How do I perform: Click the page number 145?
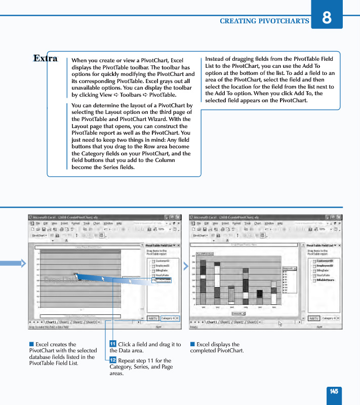click(334, 391)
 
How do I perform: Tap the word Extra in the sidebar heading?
click(45, 58)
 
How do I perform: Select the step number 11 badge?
click(113, 345)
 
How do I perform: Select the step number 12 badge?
click(113, 360)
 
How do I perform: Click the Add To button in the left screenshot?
click(152, 318)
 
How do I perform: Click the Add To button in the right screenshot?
click(314, 318)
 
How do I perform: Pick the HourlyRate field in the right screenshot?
click(324, 275)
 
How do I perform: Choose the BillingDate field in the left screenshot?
click(162, 270)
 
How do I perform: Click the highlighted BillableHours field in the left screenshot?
click(163, 279)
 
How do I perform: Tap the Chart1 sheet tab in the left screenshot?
click(51, 322)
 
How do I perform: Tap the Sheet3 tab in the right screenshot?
click(252, 322)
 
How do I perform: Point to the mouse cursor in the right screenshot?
click(279, 323)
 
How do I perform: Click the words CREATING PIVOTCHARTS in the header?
click(264, 21)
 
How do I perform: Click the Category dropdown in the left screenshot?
click(170, 318)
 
